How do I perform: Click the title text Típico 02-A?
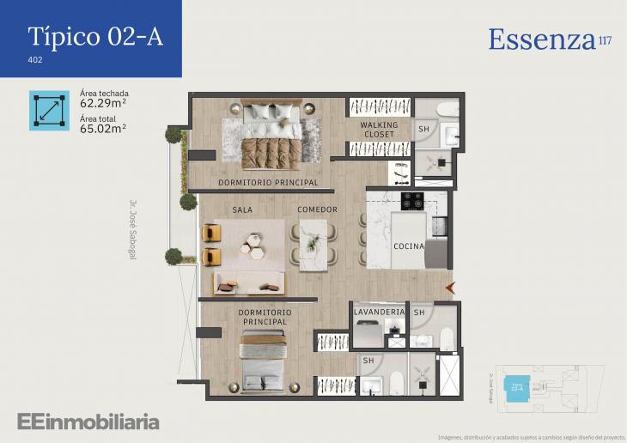pos(94,36)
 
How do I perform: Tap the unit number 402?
pos(35,60)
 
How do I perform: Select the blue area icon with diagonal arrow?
pos(49,110)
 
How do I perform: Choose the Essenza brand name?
pos(542,39)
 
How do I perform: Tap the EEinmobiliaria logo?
pos(88,422)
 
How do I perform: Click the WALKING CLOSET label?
pos(379,130)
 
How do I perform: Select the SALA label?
pos(242,209)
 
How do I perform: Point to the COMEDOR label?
pos(317,209)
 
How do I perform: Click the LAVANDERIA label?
pos(379,313)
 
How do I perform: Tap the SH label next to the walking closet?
pos(423,130)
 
